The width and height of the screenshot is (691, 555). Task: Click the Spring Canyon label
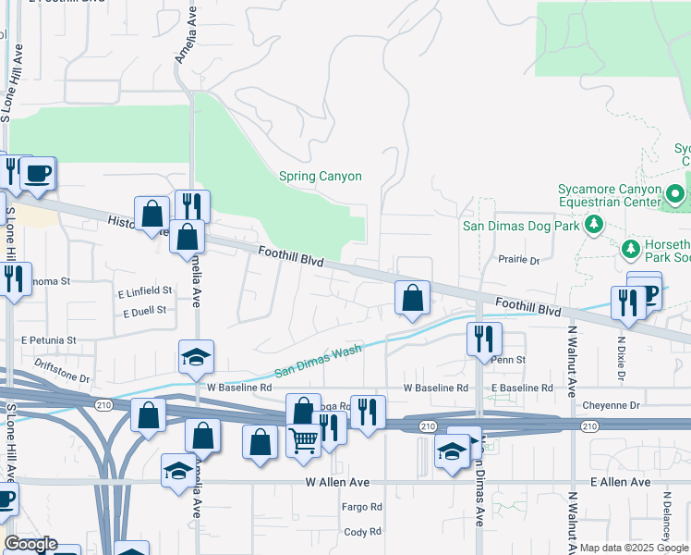coord(321,177)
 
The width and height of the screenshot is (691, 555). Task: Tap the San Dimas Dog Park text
coord(520,226)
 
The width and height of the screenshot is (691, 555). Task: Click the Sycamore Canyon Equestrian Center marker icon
coord(676,195)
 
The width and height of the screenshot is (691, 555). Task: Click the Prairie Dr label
coord(519,261)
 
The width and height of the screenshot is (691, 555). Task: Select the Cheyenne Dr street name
coord(612,405)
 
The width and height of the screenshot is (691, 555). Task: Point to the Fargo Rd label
coord(362,507)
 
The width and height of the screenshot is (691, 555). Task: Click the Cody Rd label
coord(362,532)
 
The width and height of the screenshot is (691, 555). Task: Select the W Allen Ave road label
coord(338,483)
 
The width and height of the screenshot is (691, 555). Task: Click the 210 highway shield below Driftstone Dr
coord(102,403)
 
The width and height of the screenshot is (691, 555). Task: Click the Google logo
coord(30,545)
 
